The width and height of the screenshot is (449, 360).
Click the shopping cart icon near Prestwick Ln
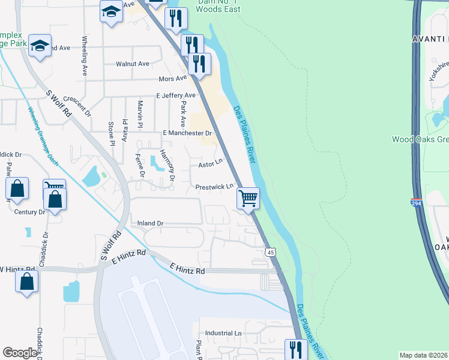[248, 197]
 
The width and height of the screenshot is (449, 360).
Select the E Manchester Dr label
[188, 133]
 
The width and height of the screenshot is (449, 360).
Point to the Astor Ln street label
[211, 161]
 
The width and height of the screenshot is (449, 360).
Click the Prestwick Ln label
[214, 187]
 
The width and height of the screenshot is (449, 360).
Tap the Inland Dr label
[151, 223]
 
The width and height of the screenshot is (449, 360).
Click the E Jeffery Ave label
[176, 95]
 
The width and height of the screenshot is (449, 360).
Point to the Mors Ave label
[173, 79]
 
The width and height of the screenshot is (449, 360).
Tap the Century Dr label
[30, 212]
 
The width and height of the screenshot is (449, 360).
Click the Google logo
[20, 353]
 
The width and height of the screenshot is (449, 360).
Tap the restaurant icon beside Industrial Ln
[295, 350]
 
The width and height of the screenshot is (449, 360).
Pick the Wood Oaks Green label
[420, 139]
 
